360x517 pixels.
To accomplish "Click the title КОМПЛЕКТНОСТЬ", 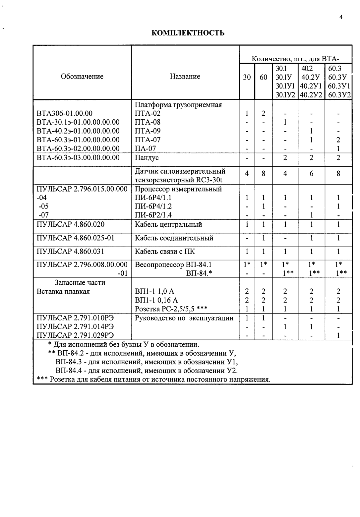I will click(x=188, y=33).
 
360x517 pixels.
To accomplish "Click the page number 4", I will click(x=341, y=18).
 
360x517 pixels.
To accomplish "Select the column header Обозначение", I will click(x=82, y=77).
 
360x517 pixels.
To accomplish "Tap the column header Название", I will click(x=185, y=77).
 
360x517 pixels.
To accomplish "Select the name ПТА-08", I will click(x=148, y=122).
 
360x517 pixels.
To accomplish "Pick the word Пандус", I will click(x=147, y=157).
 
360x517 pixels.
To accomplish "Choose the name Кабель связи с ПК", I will click(x=164, y=251).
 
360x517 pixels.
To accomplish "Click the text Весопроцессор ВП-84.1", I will click(x=173, y=264).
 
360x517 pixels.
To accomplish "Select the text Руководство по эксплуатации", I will click(x=184, y=318).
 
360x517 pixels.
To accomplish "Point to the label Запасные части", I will click(x=80, y=283).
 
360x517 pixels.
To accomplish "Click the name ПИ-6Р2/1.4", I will click(x=153, y=215).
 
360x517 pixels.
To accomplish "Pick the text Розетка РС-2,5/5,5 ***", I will click(x=171, y=309).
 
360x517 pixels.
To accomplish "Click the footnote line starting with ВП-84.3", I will click(x=147, y=362).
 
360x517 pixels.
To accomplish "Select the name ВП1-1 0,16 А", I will click(x=156, y=300).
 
